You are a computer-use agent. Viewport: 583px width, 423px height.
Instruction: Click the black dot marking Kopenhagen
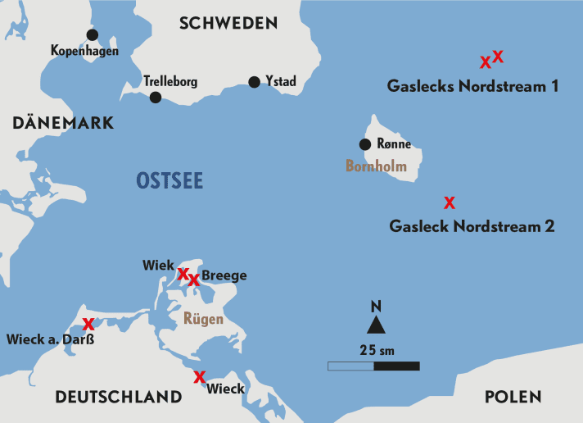[x=92, y=34]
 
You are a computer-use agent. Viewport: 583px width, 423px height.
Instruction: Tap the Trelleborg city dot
[x=156, y=98]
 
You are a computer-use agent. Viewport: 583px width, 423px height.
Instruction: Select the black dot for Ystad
[x=254, y=81]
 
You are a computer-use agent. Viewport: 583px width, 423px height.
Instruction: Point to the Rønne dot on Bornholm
[x=365, y=145]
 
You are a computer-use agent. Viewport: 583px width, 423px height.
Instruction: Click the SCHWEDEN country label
[x=228, y=23]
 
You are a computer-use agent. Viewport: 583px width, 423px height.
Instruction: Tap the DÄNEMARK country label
[x=63, y=123]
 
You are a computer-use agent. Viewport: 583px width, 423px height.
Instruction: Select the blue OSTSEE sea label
[x=169, y=181]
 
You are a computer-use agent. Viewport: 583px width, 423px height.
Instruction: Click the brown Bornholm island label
[x=376, y=166]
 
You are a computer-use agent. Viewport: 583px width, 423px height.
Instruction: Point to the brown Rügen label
[x=203, y=318]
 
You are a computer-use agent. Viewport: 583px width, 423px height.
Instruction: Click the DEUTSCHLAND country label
[x=118, y=397]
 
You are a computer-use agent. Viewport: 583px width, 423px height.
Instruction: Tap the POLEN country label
[x=513, y=397]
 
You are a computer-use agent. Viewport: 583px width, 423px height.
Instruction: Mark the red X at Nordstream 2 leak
[x=449, y=202]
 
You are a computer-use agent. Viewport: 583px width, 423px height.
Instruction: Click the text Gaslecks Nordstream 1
[x=472, y=85]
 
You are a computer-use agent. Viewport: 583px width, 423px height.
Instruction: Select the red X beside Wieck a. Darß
[x=88, y=323]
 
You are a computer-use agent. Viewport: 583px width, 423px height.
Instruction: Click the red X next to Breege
[x=194, y=280]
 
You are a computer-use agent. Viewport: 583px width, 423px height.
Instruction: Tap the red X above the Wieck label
[x=198, y=377]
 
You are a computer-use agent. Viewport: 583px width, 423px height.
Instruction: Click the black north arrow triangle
[x=376, y=325]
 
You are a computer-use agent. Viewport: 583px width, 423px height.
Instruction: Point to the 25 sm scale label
[x=377, y=350]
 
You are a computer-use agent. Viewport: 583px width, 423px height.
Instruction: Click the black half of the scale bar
[x=396, y=366]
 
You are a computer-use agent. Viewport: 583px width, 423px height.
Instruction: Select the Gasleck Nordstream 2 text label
[x=472, y=225]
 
